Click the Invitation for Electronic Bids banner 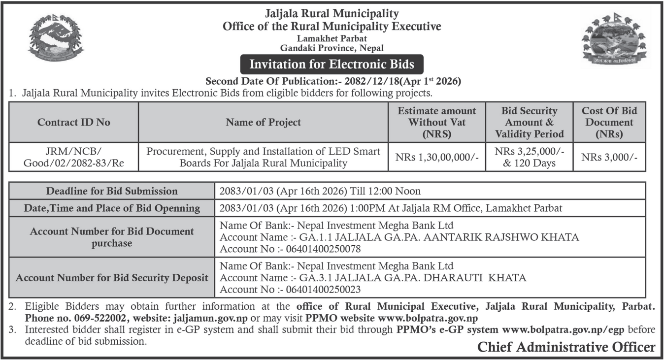click(332, 64)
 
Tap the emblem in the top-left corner click(55, 41)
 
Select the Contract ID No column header click(74, 122)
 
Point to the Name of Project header click(263, 122)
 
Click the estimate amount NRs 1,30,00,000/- click(436, 157)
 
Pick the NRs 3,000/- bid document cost click(609, 157)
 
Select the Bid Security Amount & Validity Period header click(530, 122)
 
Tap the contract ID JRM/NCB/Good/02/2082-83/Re click(74, 157)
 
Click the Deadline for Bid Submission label click(112, 191)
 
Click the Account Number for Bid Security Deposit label click(112, 277)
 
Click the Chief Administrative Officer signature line click(566, 347)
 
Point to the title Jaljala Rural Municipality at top click(332, 13)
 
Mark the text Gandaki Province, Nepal click(332, 48)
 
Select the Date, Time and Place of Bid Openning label click(112, 208)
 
